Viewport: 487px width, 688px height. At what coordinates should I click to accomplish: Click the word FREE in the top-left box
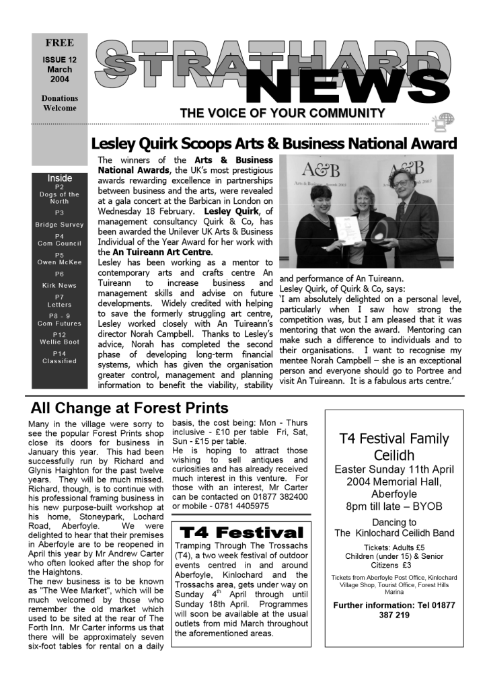coord(59,43)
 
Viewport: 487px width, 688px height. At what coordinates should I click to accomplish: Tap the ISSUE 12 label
coord(59,59)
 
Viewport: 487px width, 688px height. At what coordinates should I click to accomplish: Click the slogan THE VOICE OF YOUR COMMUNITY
coord(282,113)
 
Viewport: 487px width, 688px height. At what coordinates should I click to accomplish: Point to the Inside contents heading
coord(59,178)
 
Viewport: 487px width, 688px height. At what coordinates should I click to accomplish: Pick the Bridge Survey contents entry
coord(59,225)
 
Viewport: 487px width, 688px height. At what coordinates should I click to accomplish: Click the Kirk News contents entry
coord(59,285)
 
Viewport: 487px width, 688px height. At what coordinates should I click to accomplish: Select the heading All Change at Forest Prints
coord(130,408)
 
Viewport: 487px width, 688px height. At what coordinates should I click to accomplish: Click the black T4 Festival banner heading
coord(241,533)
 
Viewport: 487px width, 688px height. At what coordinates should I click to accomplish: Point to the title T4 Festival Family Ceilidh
coord(394,447)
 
